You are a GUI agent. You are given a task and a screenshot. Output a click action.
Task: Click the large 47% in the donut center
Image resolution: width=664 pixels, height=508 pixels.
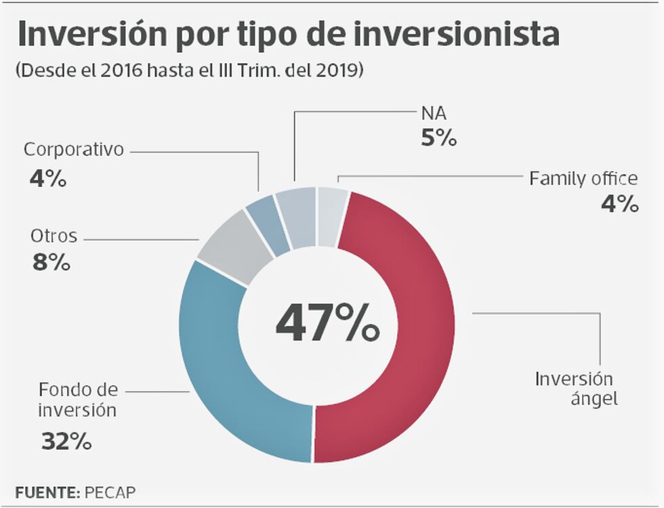coord(327,323)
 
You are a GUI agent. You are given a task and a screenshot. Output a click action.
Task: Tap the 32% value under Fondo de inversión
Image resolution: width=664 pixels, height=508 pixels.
coord(66,442)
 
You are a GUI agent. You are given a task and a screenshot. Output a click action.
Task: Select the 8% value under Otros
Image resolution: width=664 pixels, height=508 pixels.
coord(51,262)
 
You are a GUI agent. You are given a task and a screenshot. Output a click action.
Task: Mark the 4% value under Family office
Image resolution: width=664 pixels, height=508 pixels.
coord(620,203)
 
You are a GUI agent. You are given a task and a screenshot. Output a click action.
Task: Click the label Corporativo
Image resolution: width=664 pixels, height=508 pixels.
coord(74,150)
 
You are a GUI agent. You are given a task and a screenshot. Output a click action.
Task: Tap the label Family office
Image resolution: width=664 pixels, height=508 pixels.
coord(583,179)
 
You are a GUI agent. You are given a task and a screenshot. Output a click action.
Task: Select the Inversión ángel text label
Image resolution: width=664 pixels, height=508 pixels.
coord(575,389)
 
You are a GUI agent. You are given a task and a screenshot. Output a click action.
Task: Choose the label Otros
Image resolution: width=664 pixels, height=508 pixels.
coord(54,236)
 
